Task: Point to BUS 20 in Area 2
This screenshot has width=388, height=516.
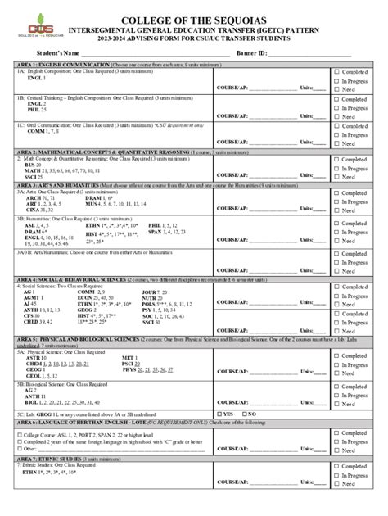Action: [x=34, y=164]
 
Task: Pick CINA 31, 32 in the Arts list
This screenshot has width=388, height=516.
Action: [x=40, y=210]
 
